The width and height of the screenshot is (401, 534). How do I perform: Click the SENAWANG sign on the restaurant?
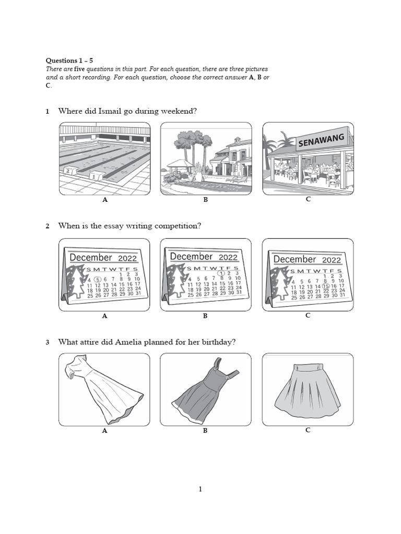(x=321, y=140)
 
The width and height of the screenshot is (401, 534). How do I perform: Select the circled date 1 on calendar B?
(x=221, y=273)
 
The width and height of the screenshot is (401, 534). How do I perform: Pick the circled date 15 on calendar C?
(x=325, y=286)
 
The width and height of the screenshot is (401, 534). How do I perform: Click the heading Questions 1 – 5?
(x=69, y=60)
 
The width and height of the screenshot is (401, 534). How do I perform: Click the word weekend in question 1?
(x=178, y=111)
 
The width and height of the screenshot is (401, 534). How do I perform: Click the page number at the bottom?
(x=200, y=489)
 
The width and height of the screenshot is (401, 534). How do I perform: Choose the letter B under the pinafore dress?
(x=205, y=431)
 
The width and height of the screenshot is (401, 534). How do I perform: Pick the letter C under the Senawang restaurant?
(x=308, y=199)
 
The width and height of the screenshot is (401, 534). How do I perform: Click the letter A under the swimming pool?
(x=104, y=200)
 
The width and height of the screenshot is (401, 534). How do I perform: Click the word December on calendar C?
(x=295, y=260)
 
